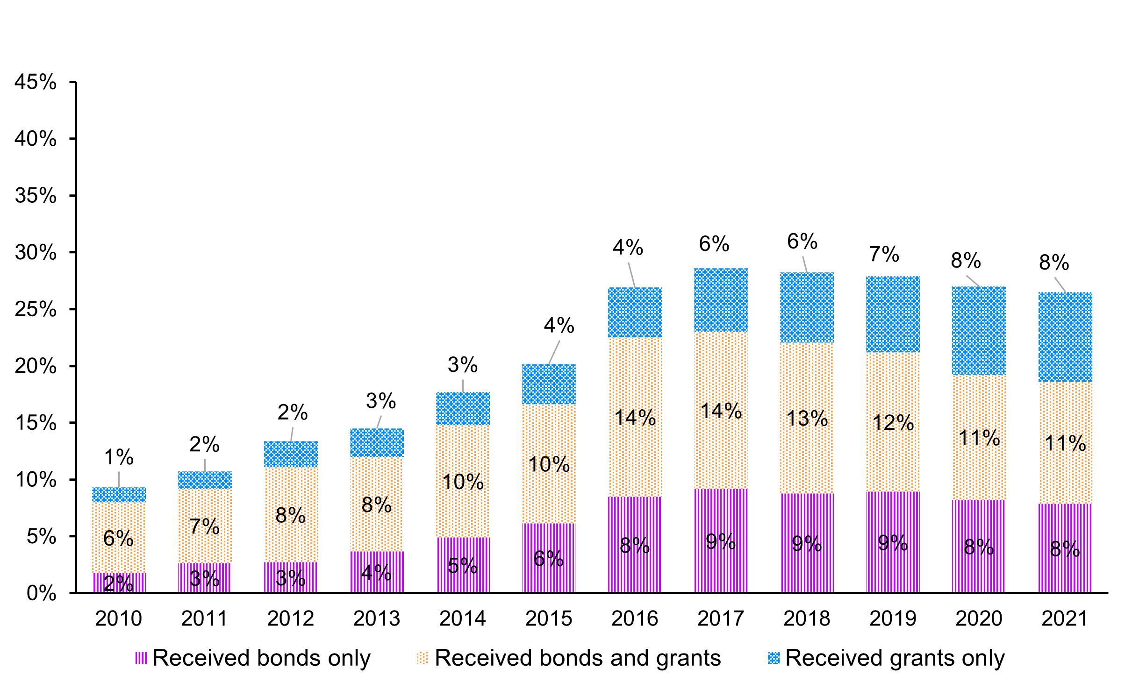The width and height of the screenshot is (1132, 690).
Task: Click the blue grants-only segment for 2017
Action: point(721,300)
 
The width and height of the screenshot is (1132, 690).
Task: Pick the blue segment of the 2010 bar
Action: point(119,495)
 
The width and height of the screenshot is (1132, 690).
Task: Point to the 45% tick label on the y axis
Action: point(36,82)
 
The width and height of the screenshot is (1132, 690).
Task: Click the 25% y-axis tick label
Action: point(36,309)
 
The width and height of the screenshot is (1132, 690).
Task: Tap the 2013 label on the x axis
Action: point(377,619)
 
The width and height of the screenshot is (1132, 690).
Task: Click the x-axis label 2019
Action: point(893,619)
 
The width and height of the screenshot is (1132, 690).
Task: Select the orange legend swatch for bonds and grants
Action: point(422,658)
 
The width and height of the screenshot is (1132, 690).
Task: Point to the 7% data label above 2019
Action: point(884,255)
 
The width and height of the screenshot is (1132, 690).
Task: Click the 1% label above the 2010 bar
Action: point(119,457)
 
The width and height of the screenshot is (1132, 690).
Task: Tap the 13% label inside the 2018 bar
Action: point(807,419)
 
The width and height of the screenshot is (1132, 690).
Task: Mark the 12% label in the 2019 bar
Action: point(893,423)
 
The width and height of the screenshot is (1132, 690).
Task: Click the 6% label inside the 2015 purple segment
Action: point(549,559)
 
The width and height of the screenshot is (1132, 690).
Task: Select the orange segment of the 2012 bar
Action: point(291,491)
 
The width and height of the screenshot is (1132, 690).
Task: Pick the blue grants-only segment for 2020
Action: point(979,331)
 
